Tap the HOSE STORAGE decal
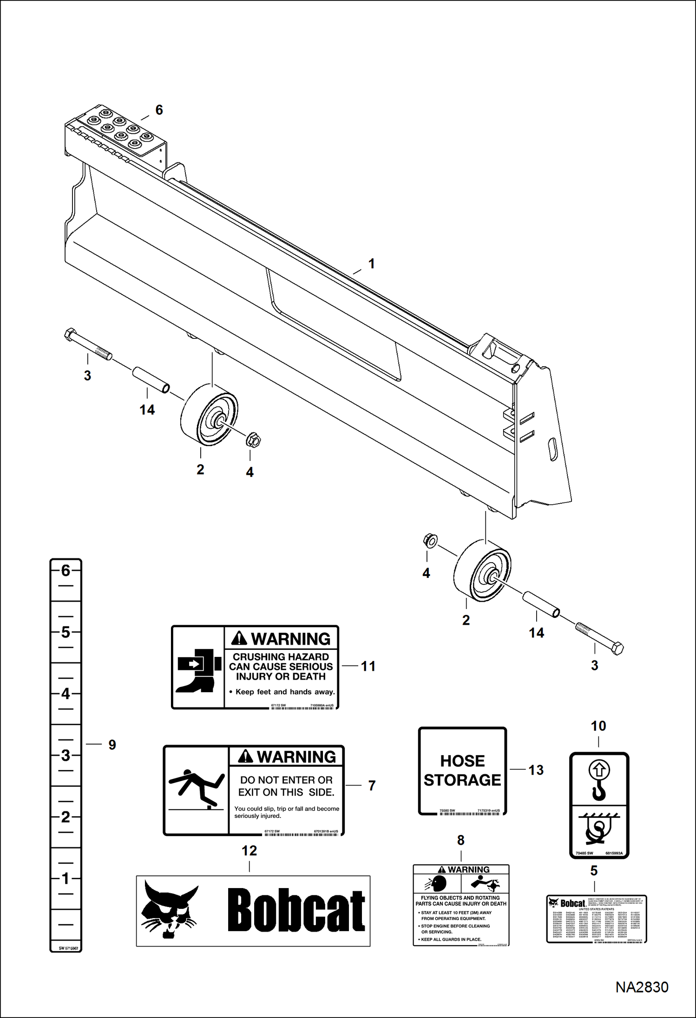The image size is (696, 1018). point(462,771)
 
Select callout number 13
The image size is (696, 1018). point(536,770)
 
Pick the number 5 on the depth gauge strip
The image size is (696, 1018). point(66,632)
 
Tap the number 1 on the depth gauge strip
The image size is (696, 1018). point(66,878)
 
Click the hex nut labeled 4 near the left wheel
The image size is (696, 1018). point(253,440)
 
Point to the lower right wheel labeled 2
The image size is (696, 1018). point(481,571)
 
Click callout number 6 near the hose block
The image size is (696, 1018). point(159,110)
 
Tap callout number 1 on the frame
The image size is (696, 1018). point(371,264)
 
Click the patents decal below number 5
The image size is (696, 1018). point(597,919)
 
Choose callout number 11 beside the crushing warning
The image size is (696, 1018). point(368,666)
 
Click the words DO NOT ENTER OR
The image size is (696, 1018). point(286,780)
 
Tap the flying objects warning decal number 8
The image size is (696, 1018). point(461,905)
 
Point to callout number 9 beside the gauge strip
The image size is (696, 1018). point(112,745)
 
